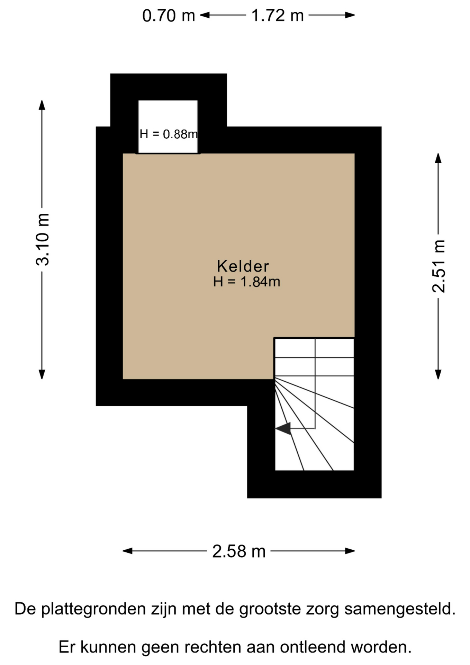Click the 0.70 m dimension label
[169, 16]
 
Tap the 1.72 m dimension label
[278, 16]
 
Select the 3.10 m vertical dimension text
[43, 240]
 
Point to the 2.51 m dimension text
[439, 266]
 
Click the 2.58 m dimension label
[239, 551]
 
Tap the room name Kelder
[243, 266]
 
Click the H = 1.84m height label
[246, 282]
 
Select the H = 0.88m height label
[169, 134]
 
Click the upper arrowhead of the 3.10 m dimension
[42, 105]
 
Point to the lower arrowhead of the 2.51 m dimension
[438, 374]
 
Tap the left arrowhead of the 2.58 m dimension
[128, 551]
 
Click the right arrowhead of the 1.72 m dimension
[350, 15]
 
